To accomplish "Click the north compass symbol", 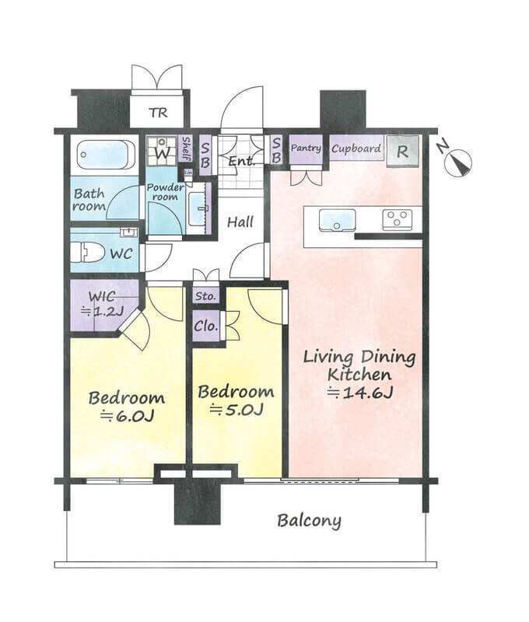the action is [x=457, y=163].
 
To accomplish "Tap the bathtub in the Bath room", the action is [x=106, y=155].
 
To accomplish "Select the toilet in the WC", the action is [x=88, y=252].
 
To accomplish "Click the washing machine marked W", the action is [x=162, y=151].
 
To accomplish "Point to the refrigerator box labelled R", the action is [x=402, y=151].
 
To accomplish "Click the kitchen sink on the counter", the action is [x=337, y=220].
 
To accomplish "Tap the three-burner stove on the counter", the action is [x=397, y=220].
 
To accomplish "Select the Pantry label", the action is [x=306, y=149].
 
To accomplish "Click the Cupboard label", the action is [x=356, y=149].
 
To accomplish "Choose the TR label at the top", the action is [x=159, y=113].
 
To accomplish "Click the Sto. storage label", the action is [x=205, y=296].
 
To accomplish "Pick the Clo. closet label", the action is [x=206, y=326].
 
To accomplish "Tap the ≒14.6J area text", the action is [x=360, y=393].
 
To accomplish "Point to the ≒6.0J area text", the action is [x=127, y=416].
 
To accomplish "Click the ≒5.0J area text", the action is [x=236, y=410].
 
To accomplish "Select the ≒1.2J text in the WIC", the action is [x=101, y=312].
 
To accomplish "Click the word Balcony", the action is [x=309, y=521].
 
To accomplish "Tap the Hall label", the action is [x=240, y=222].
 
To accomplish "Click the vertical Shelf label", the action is [x=186, y=149].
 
